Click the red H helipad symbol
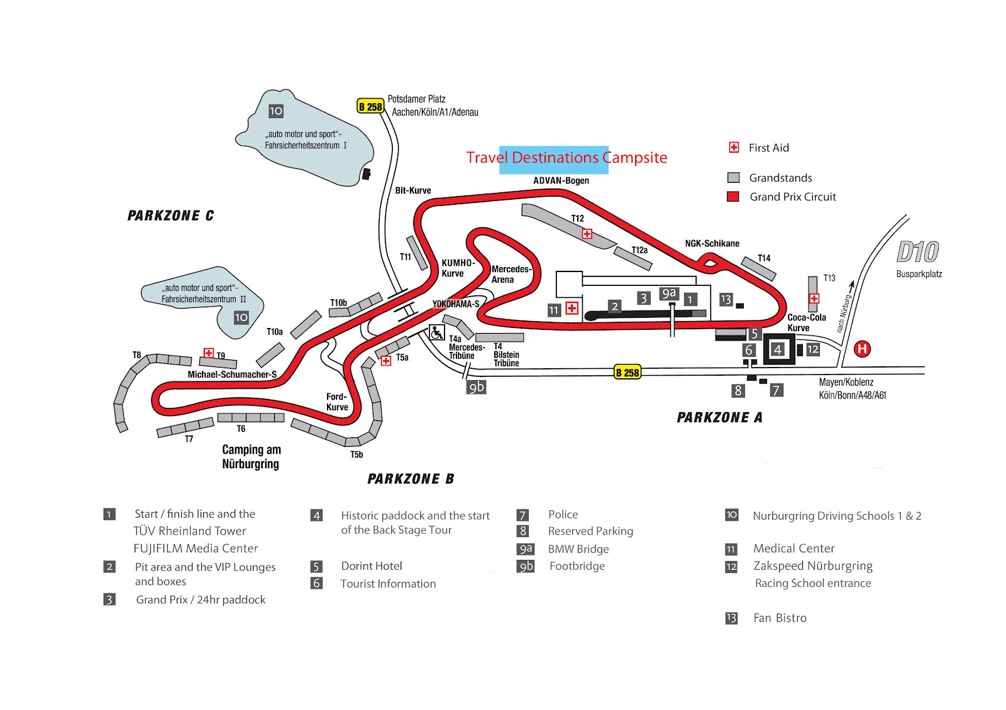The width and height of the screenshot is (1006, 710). click(862, 349)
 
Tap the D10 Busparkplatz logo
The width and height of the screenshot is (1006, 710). click(917, 252)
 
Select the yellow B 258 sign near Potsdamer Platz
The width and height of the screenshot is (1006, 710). click(370, 106)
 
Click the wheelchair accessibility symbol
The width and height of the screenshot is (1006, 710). click(437, 332)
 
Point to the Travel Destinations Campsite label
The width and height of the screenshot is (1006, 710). click(567, 158)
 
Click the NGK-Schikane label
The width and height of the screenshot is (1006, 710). click(712, 243)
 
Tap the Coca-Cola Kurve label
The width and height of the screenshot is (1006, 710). click(806, 322)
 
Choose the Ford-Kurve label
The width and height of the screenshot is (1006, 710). click(337, 401)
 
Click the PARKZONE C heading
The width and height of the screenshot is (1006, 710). click(170, 216)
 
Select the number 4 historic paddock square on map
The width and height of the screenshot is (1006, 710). click(778, 349)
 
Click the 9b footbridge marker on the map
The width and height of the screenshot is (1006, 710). click(477, 387)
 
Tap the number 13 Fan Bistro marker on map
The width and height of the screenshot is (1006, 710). click(726, 299)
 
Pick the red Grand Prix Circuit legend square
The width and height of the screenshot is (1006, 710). click(733, 197)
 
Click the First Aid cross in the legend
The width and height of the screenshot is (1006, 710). click(734, 148)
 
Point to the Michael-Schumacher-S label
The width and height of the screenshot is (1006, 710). click(232, 374)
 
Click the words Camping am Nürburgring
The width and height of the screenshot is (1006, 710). click(251, 457)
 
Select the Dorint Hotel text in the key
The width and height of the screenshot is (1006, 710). click(372, 566)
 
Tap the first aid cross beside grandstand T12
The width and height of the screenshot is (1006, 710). click(587, 234)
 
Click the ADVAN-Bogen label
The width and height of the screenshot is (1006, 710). click(561, 180)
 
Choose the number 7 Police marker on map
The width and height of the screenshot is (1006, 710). click(777, 390)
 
